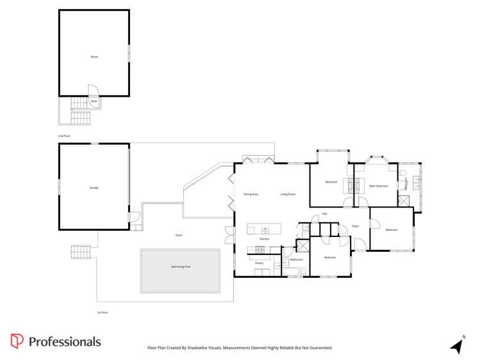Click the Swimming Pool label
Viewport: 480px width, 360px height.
pyautogui.click(x=181, y=266)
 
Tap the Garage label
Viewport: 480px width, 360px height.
pyautogui.click(x=94, y=187)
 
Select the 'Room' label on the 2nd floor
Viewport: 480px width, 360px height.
pyautogui.click(x=94, y=57)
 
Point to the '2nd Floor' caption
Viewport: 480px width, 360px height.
pyautogui.click(x=63, y=136)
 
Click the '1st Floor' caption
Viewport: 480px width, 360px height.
pyautogui.click(x=101, y=312)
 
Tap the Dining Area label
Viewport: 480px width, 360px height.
pyautogui.click(x=251, y=193)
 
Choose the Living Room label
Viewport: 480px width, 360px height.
pyautogui.click(x=288, y=193)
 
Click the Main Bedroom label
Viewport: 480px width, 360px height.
pyautogui.click(x=379, y=186)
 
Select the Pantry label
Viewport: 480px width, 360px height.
pyautogui.click(x=260, y=263)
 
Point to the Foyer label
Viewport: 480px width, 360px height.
pyautogui.click(x=355, y=226)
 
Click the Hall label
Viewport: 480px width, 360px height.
pyautogui.click(x=324, y=213)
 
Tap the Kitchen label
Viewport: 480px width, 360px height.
pyautogui.click(x=264, y=239)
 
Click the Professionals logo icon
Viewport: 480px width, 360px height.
pyautogui.click(x=17, y=341)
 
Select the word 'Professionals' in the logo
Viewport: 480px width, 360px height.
pyautogui.click(x=65, y=341)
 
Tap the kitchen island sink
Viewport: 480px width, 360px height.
pyautogui.click(x=265, y=230)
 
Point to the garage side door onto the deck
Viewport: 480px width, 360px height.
pyautogui.click(x=135, y=218)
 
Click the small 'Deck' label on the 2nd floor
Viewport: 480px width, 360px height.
pyautogui.click(x=94, y=101)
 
